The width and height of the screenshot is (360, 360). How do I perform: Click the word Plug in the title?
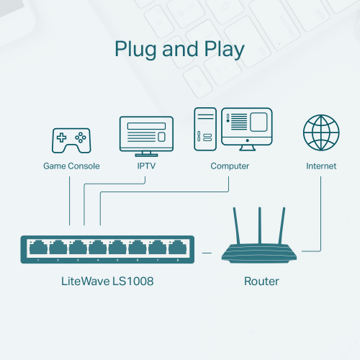[x=137, y=50]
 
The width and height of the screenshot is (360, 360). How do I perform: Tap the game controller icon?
[x=71, y=140]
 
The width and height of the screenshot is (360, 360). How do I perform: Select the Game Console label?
[x=71, y=166]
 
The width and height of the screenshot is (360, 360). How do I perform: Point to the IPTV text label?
[x=147, y=166]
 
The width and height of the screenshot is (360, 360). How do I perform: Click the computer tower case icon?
[x=204, y=130]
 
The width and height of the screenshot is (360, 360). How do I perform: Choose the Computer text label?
[x=230, y=166]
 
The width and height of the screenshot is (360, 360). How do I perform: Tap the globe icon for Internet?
[x=321, y=133]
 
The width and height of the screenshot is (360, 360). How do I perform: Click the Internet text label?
[x=321, y=166]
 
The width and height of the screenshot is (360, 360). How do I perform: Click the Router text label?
[x=261, y=282]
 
